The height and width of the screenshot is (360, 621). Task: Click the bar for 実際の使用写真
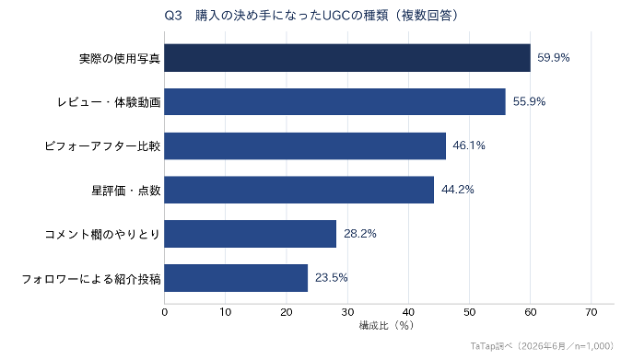point(347,58)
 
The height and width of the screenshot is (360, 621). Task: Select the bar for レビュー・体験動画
point(335,101)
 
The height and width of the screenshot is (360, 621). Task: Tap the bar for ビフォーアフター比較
point(305,146)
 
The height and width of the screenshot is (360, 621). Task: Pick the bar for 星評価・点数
point(299,190)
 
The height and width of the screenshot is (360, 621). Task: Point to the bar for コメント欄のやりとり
point(251,234)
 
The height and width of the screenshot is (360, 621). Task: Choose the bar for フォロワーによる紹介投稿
point(236,278)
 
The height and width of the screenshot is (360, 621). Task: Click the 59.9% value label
point(553,58)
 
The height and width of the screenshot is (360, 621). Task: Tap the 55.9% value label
point(529,101)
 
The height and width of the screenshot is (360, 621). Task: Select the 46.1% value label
point(469,145)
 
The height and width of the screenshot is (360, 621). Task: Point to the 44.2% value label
point(457,190)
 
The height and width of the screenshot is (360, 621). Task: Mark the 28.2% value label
point(359,234)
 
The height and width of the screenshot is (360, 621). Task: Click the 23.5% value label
point(331,278)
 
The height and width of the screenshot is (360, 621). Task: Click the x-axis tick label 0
point(164,312)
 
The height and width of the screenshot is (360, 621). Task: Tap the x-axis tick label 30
point(347,312)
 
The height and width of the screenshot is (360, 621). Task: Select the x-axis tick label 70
point(591,312)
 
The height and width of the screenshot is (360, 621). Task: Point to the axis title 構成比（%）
point(386,326)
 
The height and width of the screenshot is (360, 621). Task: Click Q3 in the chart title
point(173,16)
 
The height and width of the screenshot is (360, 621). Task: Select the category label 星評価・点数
point(126,191)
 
